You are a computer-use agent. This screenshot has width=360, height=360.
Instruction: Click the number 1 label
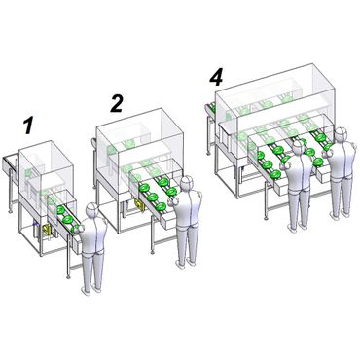tap(29, 126)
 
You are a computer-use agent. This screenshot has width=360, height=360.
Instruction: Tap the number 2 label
tap(117, 103)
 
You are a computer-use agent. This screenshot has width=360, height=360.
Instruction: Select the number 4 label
tap(216, 78)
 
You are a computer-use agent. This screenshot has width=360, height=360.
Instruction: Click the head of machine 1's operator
tap(91, 210)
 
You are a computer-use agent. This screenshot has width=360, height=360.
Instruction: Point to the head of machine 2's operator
tap(187, 183)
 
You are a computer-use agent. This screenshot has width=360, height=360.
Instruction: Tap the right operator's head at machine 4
tap(341, 134)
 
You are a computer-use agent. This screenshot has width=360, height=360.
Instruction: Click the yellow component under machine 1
tap(48, 230)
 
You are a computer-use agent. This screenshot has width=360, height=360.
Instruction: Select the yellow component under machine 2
tap(139, 205)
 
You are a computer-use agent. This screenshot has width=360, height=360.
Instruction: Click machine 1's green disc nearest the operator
tap(76, 229)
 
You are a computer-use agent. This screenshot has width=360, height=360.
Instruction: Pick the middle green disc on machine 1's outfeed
tap(68, 220)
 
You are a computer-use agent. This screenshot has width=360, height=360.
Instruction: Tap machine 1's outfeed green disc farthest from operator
tap(60, 210)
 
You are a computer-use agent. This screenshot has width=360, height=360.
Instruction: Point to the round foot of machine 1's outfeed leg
tap(68, 276)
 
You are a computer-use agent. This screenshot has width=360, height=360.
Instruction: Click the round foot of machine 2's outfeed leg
tap(152, 252)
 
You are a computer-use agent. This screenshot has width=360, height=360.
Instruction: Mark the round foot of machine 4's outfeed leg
tap(266, 218)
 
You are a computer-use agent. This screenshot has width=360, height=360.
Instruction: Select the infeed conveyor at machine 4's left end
tap(210, 109)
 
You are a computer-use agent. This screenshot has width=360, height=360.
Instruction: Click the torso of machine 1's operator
tap(92, 236)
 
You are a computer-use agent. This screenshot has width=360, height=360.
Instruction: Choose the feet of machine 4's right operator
tap(341, 215)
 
